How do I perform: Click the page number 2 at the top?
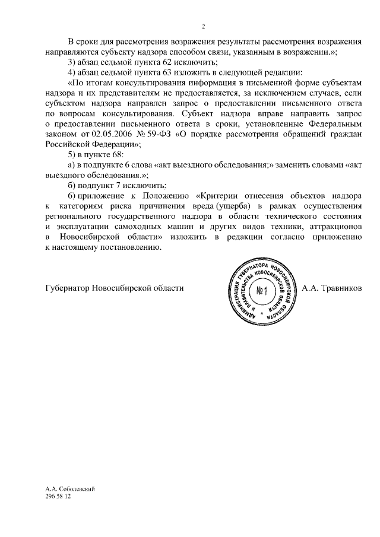coord(203,27)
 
